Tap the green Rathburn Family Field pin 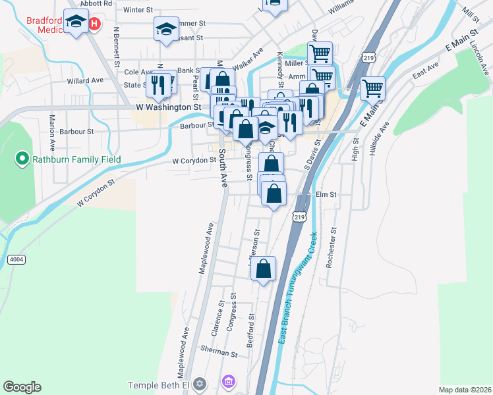pyautogui.click(x=21, y=158)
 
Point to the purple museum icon pyautogui.click(x=228, y=381)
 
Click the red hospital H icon pyautogui.click(x=94, y=24)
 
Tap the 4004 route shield pyautogui.click(x=16, y=260)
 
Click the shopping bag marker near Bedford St pyautogui.click(x=264, y=269)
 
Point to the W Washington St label pyautogui.click(x=168, y=106)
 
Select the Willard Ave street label pyautogui.click(x=85, y=80)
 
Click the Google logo pyautogui.click(x=22, y=387)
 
